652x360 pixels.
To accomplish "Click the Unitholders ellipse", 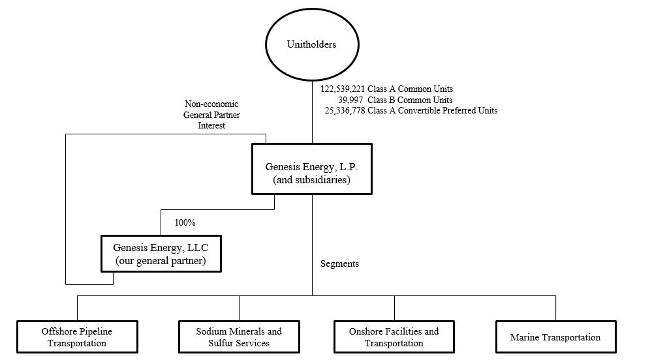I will coord(312,44).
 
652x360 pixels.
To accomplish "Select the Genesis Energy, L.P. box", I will coord(312,168).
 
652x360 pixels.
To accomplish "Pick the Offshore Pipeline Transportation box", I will coord(78,337).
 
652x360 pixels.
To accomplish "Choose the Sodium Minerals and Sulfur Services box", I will coord(239,337).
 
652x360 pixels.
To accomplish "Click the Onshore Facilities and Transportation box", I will coord(394,337).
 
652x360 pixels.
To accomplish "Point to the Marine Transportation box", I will coord(555,337).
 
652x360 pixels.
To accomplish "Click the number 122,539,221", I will coord(343,89).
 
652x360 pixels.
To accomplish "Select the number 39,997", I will coord(351,100).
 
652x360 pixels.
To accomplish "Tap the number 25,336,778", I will coord(345,111).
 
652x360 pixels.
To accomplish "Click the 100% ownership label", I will coord(185,222).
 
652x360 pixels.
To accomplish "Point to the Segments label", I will coord(339,264).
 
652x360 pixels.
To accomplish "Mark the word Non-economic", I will coord(211,104).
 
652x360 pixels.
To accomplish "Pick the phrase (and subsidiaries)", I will coord(312,180).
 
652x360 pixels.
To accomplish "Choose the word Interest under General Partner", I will coord(211,126).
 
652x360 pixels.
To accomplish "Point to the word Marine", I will coord(526,337).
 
